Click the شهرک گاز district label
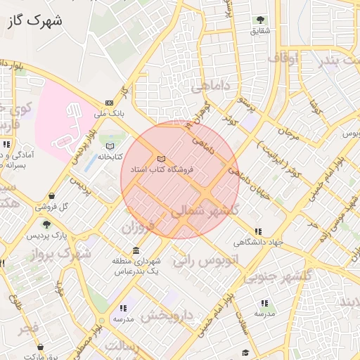34,21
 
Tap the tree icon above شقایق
260,20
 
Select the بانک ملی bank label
109,112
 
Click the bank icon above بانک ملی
109,103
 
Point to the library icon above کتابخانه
110,146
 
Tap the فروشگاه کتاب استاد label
157,169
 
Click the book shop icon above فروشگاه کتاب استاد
162,159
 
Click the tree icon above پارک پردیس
47,224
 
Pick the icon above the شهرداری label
136,251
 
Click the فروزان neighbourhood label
137,228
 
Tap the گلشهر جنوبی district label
278,276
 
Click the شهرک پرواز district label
56,252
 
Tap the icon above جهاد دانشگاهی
259,231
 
